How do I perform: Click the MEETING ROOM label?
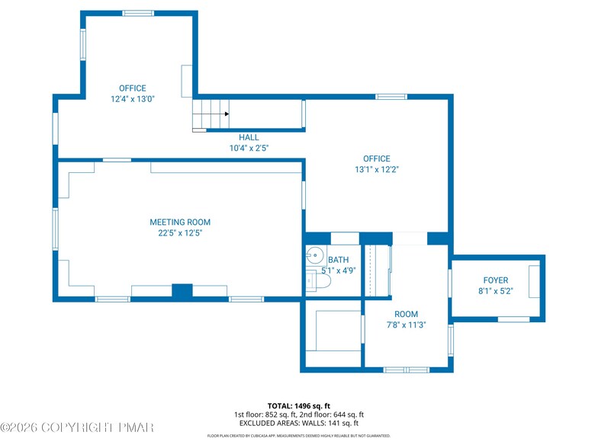pyautogui.click(x=180, y=222)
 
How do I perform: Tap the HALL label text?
pyautogui.click(x=249, y=138)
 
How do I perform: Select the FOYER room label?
pyautogui.click(x=495, y=280)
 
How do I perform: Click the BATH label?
pyautogui.click(x=338, y=260)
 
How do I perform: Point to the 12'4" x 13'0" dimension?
pyautogui.click(x=133, y=98)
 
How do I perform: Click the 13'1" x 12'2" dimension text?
pyautogui.click(x=376, y=169)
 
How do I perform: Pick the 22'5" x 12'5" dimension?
pyautogui.click(x=180, y=233)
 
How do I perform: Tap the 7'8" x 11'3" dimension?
pyautogui.click(x=406, y=325)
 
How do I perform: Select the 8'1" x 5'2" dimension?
pyautogui.click(x=495, y=290)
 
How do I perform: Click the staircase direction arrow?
pyautogui.click(x=226, y=114)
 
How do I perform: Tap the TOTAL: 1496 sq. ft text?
pyautogui.click(x=298, y=405)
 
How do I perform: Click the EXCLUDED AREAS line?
pyautogui.click(x=298, y=423)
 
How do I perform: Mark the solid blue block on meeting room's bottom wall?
pyautogui.click(x=182, y=291)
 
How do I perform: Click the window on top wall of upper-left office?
pyautogui.click(x=138, y=13)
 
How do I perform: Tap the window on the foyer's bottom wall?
pyautogui.click(x=513, y=319)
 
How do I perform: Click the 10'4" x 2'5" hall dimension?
pyautogui.click(x=249, y=148)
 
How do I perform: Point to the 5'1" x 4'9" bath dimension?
pyautogui.click(x=338, y=270)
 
